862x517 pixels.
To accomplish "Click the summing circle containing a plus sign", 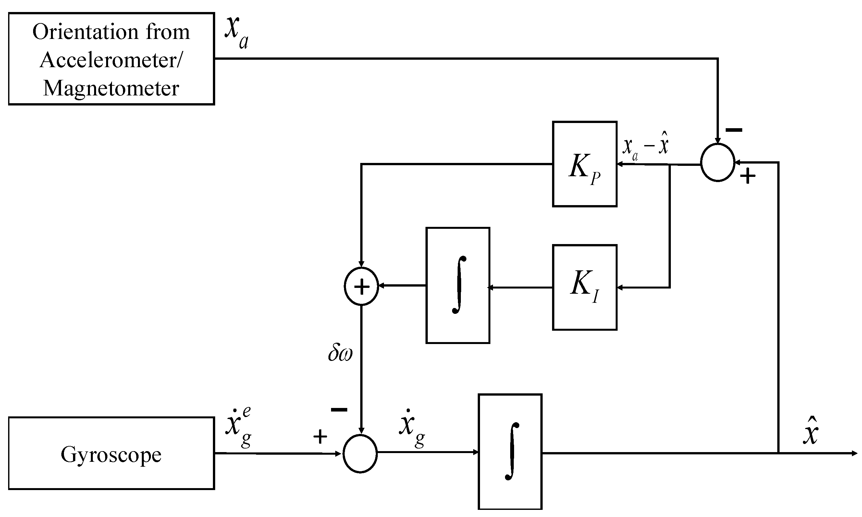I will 361,286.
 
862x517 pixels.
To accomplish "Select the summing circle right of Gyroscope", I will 360,454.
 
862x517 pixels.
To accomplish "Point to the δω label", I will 340,353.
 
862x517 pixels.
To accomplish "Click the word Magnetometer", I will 111,88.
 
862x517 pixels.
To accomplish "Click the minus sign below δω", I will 339,409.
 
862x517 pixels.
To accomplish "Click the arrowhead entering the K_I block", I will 620,288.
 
